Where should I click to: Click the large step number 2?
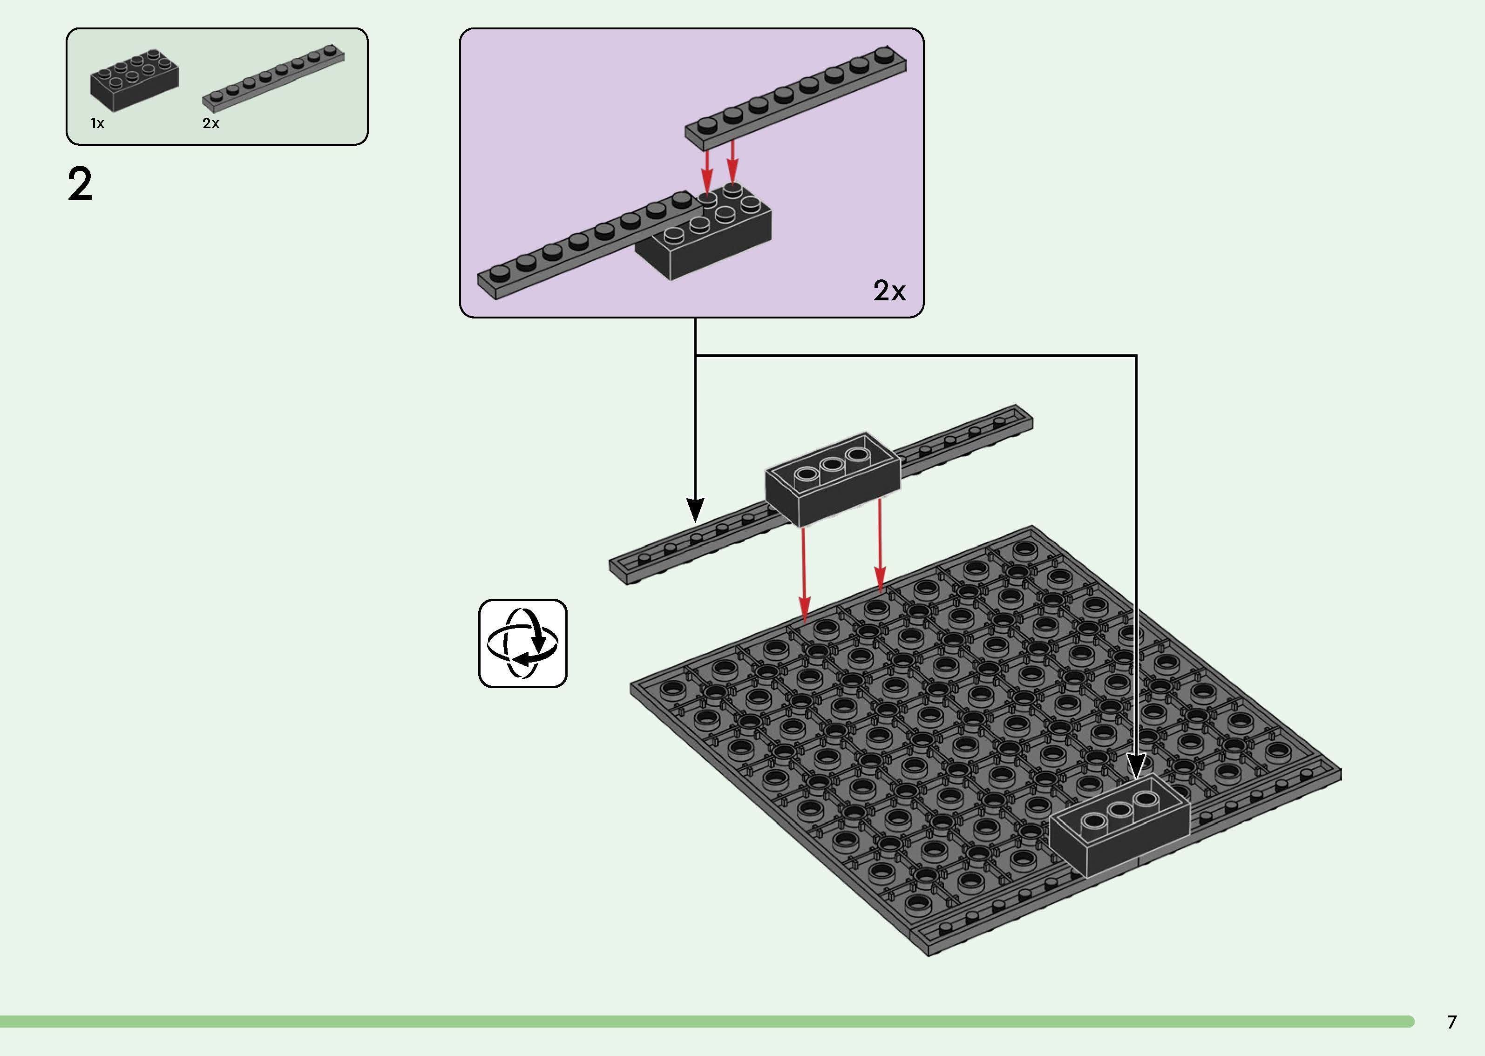click(80, 185)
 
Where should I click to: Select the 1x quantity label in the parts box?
click(97, 123)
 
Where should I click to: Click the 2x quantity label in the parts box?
click(210, 123)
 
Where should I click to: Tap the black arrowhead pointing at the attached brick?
click(1136, 767)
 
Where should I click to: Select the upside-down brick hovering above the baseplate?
click(832, 481)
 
